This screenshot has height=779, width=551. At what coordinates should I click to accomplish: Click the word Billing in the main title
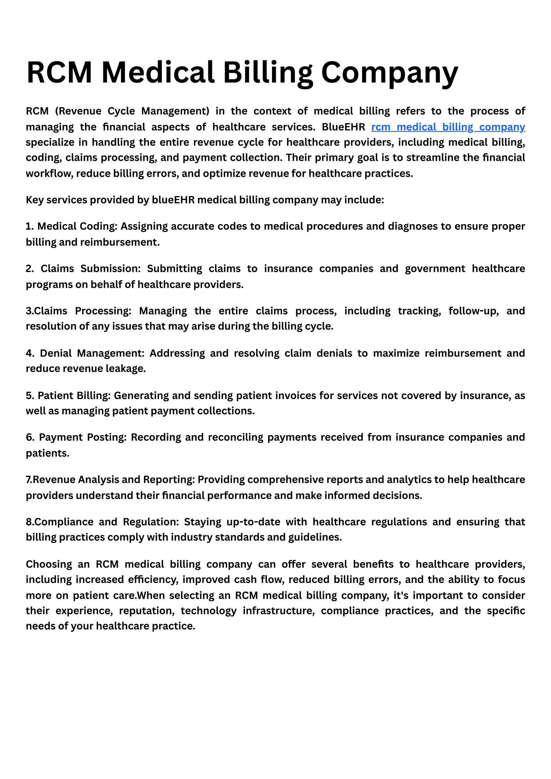click(268, 72)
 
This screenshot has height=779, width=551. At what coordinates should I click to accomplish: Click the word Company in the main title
click(390, 72)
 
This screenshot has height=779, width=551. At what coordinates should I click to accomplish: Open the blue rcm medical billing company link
click(448, 127)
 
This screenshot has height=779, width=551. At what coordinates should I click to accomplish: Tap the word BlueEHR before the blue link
click(343, 127)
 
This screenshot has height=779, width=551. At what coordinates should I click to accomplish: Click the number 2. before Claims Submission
click(30, 269)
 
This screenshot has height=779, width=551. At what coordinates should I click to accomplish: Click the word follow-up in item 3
click(473, 311)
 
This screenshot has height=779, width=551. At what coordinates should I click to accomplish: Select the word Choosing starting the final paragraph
click(49, 564)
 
